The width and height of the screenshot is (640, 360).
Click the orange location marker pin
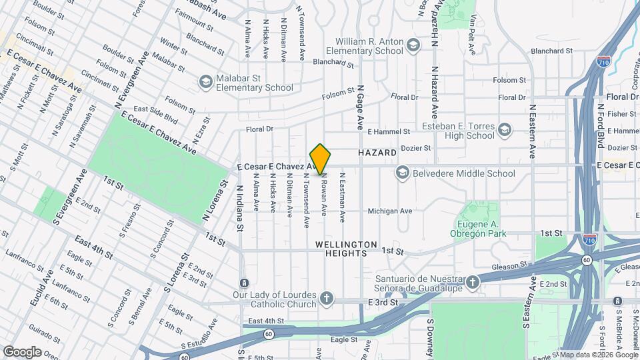click(x=321, y=159)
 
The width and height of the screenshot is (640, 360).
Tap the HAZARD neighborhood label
click(x=377, y=153)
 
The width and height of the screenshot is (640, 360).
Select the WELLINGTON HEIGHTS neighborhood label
click(x=347, y=249)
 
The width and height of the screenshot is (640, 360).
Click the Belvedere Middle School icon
click(x=402, y=173)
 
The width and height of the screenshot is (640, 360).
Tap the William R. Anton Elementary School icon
click(x=413, y=46)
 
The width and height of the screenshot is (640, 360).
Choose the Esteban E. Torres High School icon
click(x=505, y=129)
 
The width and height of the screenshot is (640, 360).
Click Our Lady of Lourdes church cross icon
click(x=326, y=298)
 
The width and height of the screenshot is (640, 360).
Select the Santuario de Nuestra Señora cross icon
click(x=473, y=283)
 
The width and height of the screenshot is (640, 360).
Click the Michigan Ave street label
click(x=390, y=211)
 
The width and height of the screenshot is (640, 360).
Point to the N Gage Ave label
click(x=360, y=107)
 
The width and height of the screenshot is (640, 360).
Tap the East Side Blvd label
click(x=155, y=114)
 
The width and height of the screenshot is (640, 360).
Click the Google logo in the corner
click(x=22, y=351)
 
